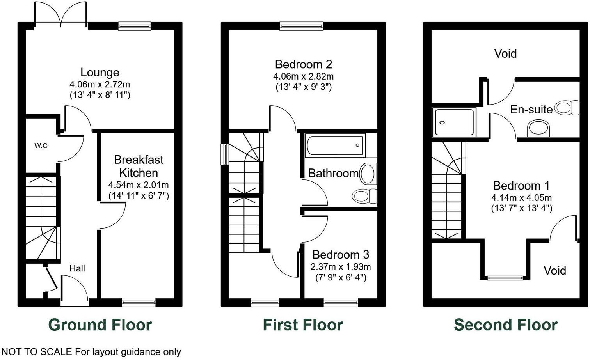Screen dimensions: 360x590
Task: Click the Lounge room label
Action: (100, 73)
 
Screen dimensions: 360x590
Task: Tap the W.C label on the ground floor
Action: (41, 146)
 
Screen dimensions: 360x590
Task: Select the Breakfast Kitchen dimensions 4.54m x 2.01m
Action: (139, 185)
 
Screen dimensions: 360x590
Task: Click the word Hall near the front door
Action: (77, 268)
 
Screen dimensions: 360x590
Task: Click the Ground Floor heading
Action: (100, 325)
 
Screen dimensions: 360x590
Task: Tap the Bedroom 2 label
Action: (303, 64)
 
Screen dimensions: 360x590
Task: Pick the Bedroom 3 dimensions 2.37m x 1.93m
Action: (341, 267)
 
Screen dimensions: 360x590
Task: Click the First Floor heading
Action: (303, 325)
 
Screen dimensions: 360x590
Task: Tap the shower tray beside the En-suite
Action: (454, 122)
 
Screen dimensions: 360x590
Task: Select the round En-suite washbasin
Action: (538, 128)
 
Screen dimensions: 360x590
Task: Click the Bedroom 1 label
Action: (521, 186)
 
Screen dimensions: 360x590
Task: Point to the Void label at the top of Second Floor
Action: (505, 53)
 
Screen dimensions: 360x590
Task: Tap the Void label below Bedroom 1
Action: (554, 270)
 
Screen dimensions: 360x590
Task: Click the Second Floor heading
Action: (506, 325)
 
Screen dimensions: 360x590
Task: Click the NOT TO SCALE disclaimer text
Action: (91, 352)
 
